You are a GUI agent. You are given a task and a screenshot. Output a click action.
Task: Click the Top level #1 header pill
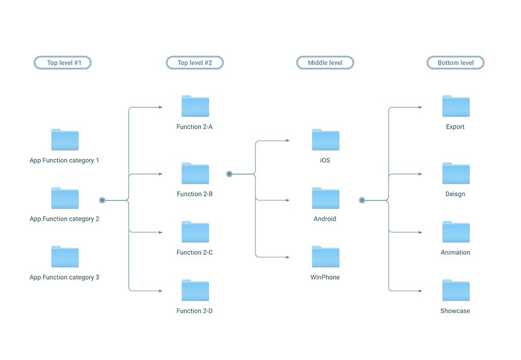(x=63, y=63)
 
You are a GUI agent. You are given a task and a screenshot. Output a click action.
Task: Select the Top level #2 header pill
(x=195, y=63)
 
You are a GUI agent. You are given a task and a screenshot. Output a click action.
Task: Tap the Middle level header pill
(x=325, y=63)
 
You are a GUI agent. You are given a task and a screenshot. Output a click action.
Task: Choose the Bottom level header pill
(x=455, y=63)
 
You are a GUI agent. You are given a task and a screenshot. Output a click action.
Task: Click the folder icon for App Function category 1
(x=65, y=140)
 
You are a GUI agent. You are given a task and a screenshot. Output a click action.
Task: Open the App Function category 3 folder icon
(x=65, y=257)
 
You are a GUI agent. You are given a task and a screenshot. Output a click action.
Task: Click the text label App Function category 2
(x=64, y=219)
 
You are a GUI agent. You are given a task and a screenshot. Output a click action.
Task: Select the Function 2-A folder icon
(x=195, y=106)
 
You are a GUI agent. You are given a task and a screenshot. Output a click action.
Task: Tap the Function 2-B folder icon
(x=195, y=173)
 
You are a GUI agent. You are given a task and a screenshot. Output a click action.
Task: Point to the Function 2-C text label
(x=194, y=253)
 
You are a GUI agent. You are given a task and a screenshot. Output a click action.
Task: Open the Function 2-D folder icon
(x=195, y=291)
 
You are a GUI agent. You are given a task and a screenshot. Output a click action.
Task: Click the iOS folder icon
(x=325, y=140)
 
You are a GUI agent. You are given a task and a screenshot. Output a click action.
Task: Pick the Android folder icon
(x=325, y=198)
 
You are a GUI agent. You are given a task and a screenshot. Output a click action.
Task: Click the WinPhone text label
(x=325, y=278)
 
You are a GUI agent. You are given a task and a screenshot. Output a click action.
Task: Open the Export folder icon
(x=455, y=106)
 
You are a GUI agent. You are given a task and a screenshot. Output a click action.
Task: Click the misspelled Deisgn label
(x=455, y=194)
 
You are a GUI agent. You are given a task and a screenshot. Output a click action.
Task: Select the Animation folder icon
(x=455, y=232)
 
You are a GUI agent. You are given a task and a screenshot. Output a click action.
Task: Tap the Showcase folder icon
(x=455, y=291)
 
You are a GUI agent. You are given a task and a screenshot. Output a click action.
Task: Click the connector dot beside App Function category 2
(x=102, y=200)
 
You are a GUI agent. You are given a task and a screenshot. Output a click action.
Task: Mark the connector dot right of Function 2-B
(x=229, y=174)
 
